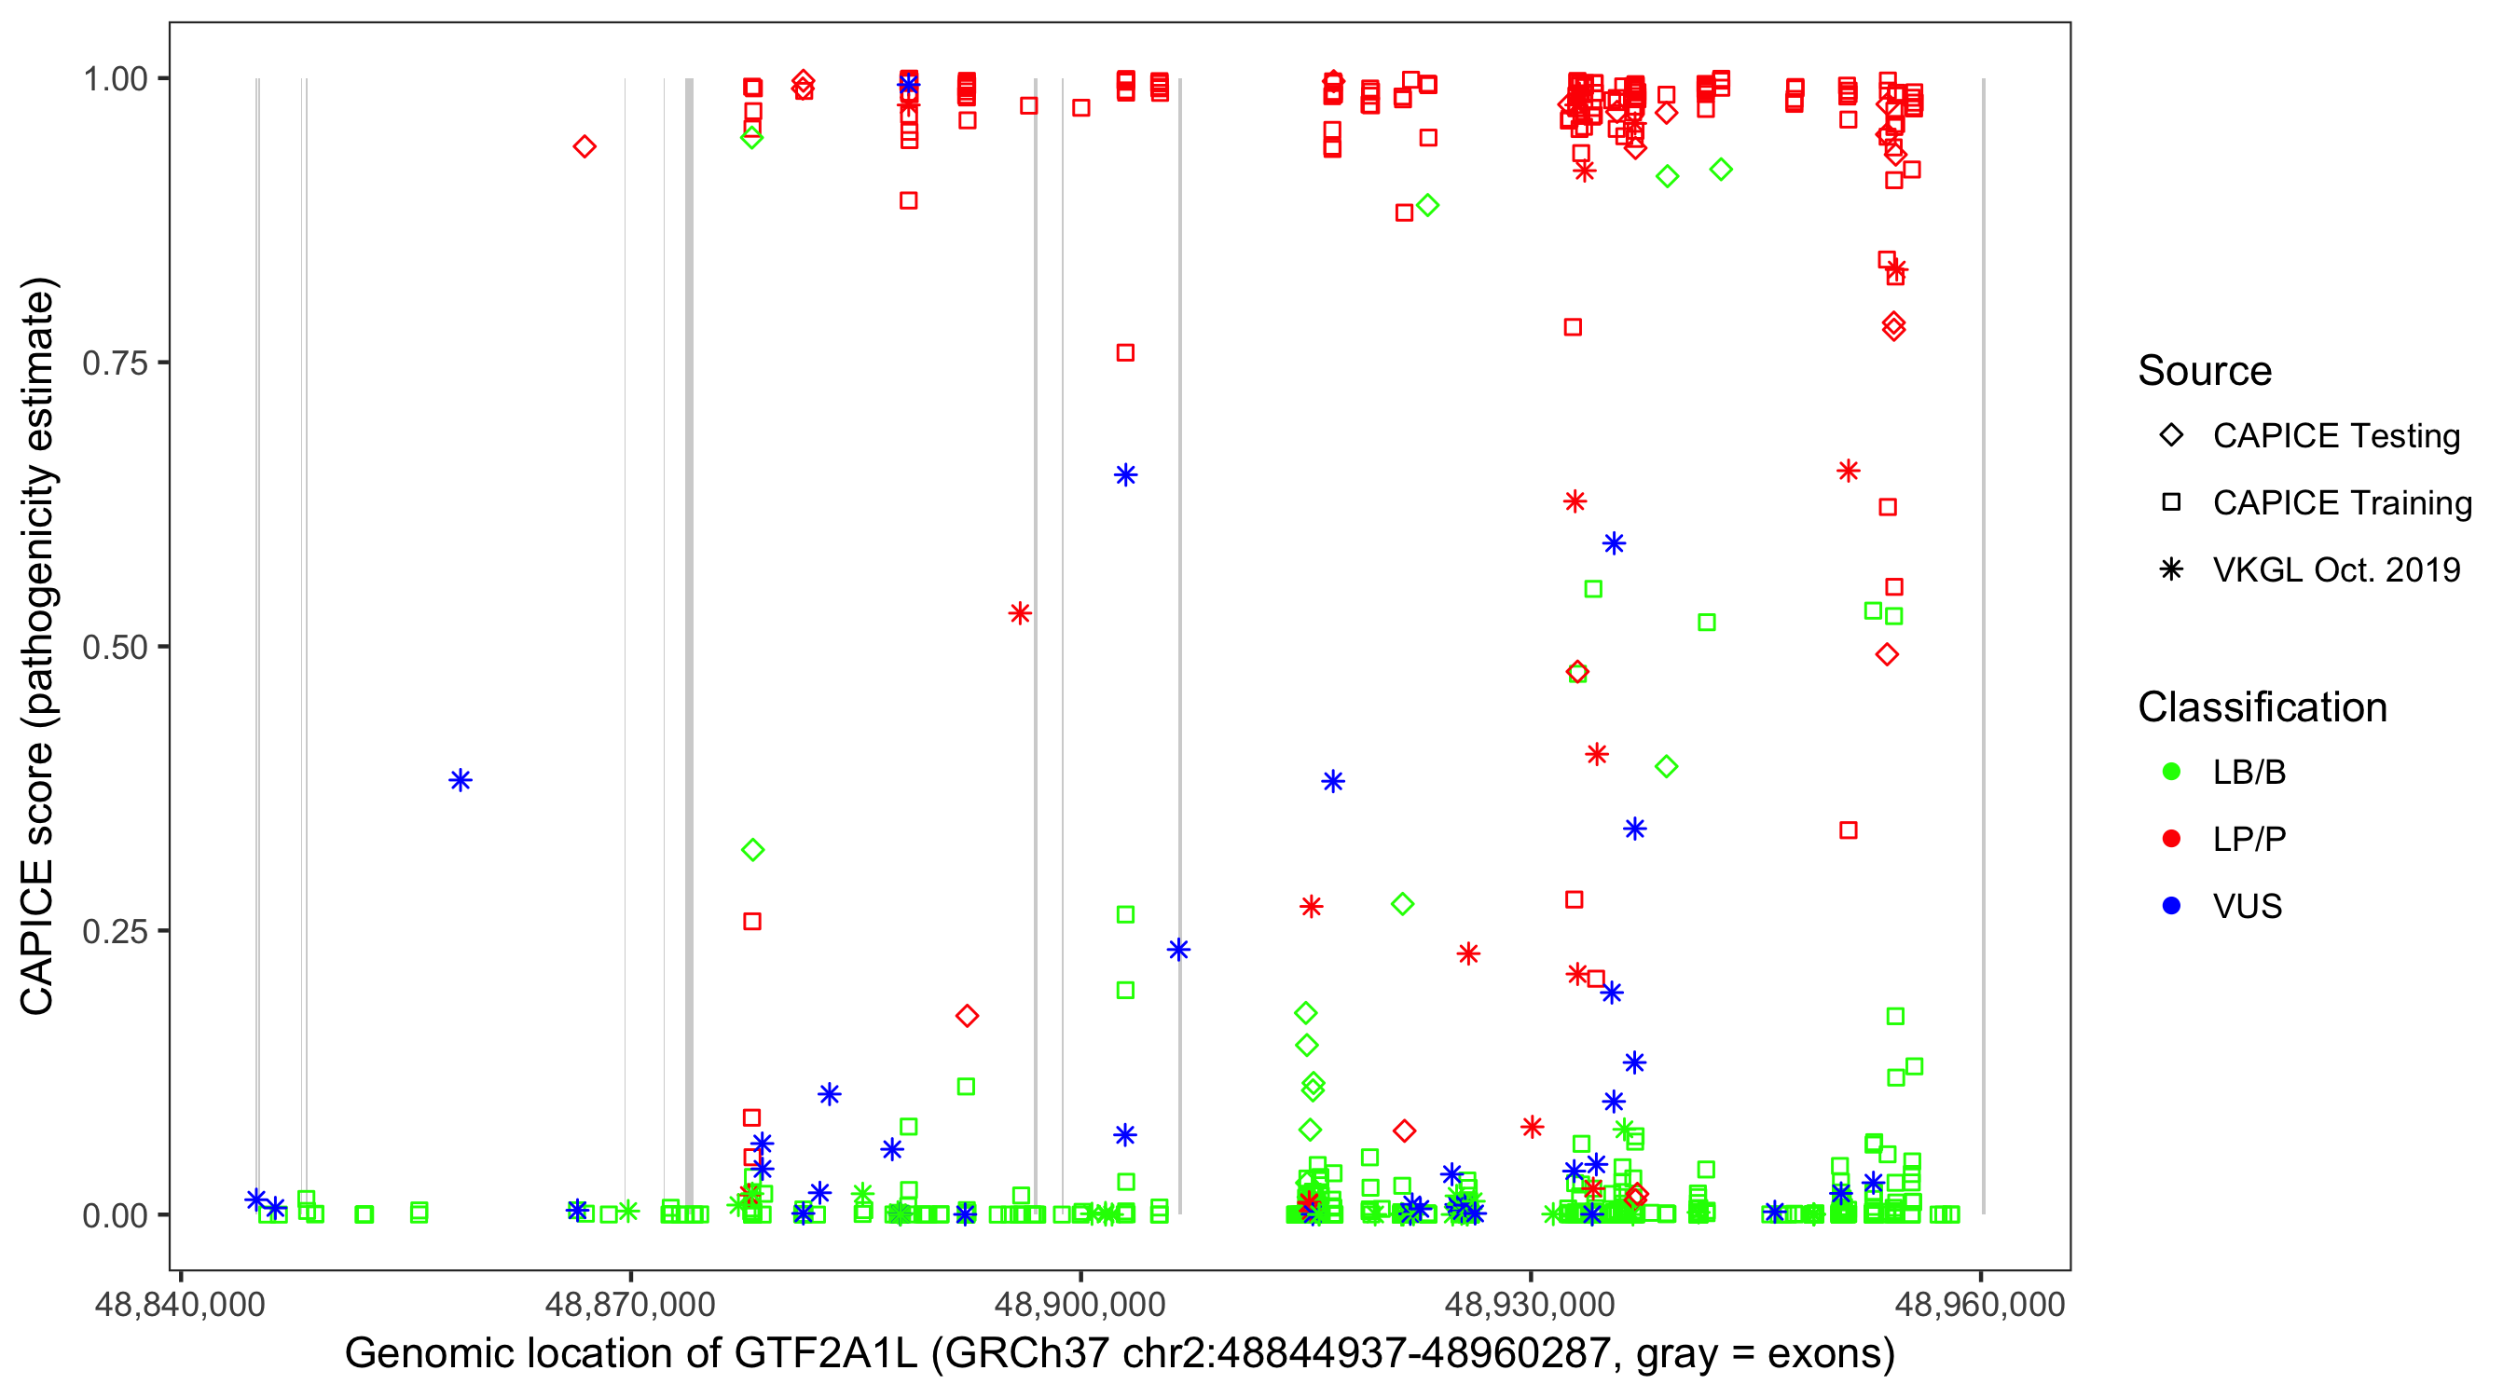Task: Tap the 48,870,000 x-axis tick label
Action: click(x=630, y=1304)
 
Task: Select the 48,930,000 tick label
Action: click(x=1530, y=1304)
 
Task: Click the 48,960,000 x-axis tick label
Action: click(x=1981, y=1304)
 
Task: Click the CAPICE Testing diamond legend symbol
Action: click(x=2171, y=436)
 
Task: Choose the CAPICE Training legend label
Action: click(x=2342, y=503)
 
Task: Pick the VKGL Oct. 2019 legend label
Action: click(x=2336, y=569)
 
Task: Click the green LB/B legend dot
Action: click(x=2171, y=772)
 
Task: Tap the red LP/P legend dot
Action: click(x=2171, y=839)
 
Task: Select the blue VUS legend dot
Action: click(x=2171, y=906)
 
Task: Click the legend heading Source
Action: click(x=2205, y=371)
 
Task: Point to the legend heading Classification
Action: click(x=2262, y=707)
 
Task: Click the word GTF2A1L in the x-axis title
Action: click(x=826, y=1354)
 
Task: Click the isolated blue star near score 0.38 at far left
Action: click(x=461, y=779)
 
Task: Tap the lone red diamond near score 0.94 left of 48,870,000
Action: click(x=585, y=146)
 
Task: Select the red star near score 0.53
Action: click(x=1020, y=613)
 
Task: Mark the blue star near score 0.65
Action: click(x=1125, y=474)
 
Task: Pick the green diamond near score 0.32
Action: click(x=752, y=850)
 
